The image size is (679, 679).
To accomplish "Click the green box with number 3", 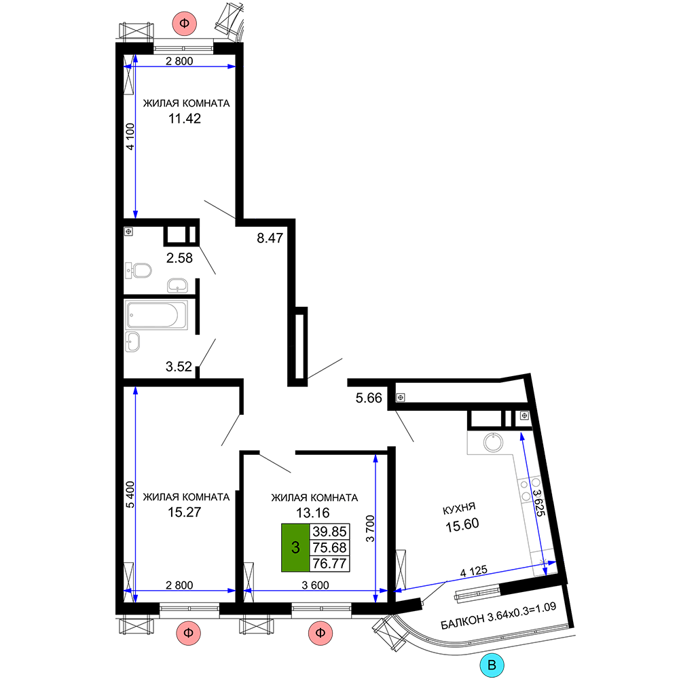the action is click(x=295, y=548).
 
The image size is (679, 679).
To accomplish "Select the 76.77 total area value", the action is click(x=329, y=564).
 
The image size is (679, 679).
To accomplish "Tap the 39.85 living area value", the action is click(x=329, y=532).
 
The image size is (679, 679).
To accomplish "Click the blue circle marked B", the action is click(x=492, y=665).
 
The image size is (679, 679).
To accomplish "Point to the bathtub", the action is click(x=156, y=315).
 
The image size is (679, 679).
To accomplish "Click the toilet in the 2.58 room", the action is click(x=138, y=271).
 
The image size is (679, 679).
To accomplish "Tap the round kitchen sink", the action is click(x=493, y=443).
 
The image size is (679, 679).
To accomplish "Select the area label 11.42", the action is click(x=185, y=119).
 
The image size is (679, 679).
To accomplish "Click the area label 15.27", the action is click(x=185, y=512).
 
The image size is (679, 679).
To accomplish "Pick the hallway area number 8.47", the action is click(x=270, y=238).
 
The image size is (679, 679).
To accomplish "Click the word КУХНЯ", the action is click(x=459, y=509).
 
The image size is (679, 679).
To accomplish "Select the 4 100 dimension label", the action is click(x=130, y=136).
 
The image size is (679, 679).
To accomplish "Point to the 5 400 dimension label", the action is click(x=130, y=494).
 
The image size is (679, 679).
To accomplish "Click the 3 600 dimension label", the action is click(x=315, y=585).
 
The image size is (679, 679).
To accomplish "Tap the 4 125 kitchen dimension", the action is click(x=474, y=571).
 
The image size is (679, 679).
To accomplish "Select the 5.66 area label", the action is click(x=369, y=398).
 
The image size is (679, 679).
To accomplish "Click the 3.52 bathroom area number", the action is click(x=179, y=367).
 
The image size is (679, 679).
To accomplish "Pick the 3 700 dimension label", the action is click(x=370, y=528).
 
